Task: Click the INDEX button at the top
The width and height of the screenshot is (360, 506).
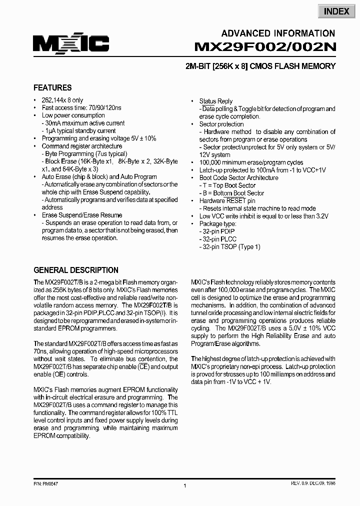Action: pos(336,11)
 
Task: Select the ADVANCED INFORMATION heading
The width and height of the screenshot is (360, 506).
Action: pos(278,33)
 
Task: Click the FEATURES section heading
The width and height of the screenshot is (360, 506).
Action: pos(52,87)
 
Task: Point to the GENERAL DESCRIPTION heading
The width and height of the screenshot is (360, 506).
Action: pos(76,270)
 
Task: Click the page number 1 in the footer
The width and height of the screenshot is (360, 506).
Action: pos(185,486)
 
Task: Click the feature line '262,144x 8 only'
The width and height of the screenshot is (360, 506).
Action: pos(62,100)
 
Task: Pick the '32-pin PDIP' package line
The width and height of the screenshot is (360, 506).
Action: pos(218,231)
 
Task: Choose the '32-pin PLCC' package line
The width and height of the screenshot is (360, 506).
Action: pos(218,239)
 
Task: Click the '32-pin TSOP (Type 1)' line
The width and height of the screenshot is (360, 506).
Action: pos(230,247)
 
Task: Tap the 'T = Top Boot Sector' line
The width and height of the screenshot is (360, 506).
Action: pos(227,185)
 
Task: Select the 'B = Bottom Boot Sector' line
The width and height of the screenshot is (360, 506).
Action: pos(232,193)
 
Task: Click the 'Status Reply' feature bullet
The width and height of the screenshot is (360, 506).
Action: pos(215,101)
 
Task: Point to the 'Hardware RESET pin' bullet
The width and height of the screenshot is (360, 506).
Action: pos(227,200)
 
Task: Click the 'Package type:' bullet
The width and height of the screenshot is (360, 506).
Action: pos(217,224)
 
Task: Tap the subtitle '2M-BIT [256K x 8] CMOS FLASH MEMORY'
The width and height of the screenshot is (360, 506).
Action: pos(264,66)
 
